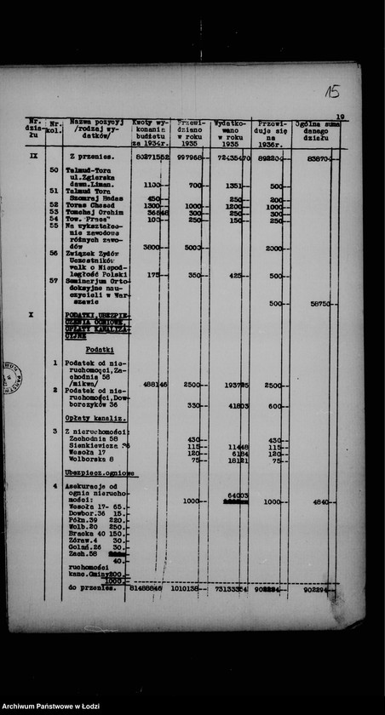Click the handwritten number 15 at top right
tap(331, 91)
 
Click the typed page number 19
tap(340, 117)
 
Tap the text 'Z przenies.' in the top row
tap(92, 157)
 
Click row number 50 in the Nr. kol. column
tap(54, 171)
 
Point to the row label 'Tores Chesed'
tap(95, 205)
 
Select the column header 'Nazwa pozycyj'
tap(95, 122)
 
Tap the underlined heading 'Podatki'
tap(100, 350)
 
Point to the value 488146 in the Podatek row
tap(154, 385)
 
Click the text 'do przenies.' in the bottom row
tap(92, 586)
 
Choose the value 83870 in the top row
tap(322, 157)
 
